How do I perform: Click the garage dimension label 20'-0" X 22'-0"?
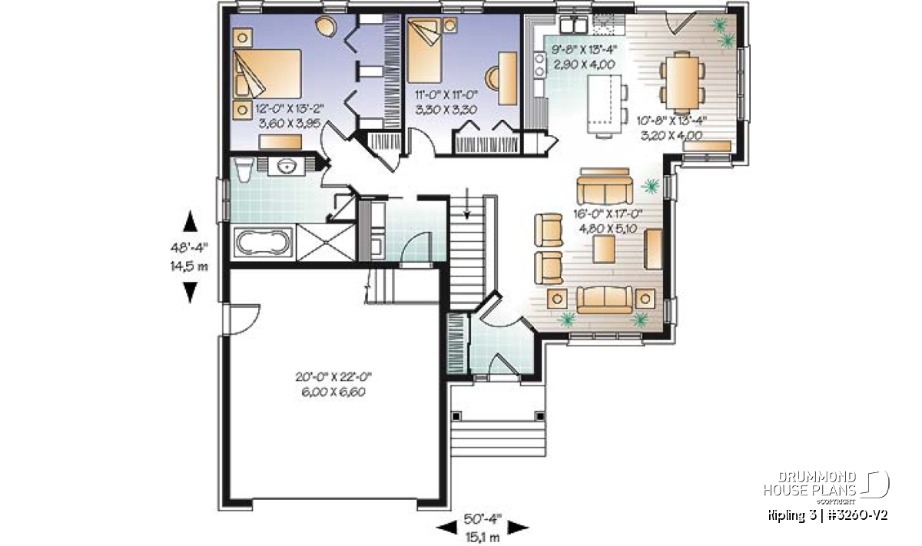tap(333, 376)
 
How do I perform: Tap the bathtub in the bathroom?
tap(264, 243)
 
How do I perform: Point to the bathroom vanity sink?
tap(287, 167)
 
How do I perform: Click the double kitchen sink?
tap(573, 25)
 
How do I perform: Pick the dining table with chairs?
tap(682, 82)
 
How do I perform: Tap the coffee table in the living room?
tap(604, 250)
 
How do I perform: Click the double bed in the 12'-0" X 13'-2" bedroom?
tap(267, 74)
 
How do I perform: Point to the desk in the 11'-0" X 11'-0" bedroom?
tap(508, 78)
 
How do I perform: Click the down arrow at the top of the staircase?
tap(467, 204)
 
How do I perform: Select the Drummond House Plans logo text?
tap(810, 484)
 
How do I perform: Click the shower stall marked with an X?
tap(325, 243)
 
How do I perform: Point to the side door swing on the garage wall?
tap(243, 319)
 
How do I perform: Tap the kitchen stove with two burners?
tap(539, 65)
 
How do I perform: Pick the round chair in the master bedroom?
tap(326, 25)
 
